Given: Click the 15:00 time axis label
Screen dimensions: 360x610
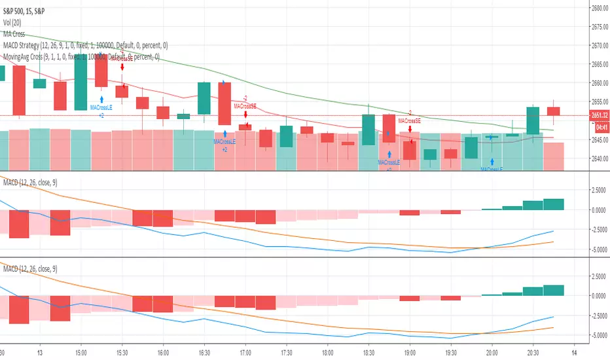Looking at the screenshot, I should point(81,351).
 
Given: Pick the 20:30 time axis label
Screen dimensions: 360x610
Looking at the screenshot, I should point(533,351).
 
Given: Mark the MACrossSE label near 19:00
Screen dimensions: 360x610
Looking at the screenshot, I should point(409,121).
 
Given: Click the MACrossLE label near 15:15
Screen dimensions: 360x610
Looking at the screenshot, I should point(101,107).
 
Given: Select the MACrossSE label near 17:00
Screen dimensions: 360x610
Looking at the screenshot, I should point(245,105).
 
